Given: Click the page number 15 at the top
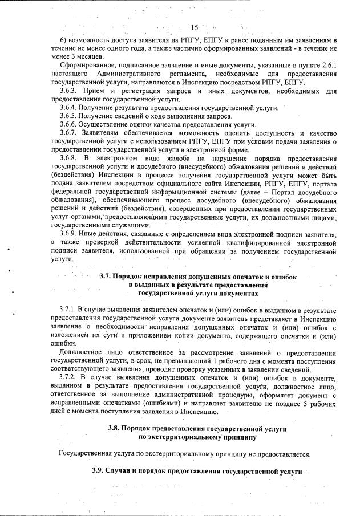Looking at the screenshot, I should point(194,28).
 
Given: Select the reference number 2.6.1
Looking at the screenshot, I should point(327,66).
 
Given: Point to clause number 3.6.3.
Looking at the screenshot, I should point(70,91).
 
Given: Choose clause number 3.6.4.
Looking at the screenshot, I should point(70,108).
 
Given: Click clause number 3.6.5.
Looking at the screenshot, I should point(70,116).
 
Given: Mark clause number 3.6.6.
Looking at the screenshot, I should point(70,125).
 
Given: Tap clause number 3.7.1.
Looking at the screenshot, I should point(70,310).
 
